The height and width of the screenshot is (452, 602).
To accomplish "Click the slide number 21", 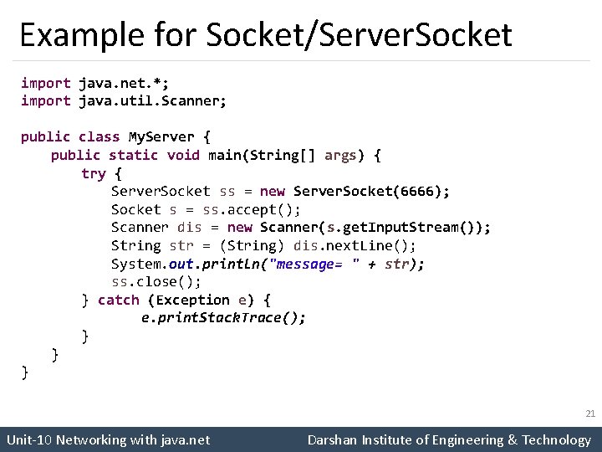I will (589, 413).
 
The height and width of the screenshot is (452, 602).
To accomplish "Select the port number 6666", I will (416, 191).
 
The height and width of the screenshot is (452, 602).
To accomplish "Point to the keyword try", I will (93, 173).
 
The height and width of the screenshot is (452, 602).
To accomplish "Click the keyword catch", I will (119, 300).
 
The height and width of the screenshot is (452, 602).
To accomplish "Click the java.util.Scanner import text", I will (152, 100).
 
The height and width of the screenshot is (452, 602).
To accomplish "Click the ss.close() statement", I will (156, 281).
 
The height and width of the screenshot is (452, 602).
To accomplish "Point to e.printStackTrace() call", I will (223, 318).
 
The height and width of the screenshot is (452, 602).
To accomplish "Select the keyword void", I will (183, 155).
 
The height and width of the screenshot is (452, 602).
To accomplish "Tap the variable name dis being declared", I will (189, 228).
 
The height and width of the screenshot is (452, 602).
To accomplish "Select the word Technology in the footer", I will (556, 439).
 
